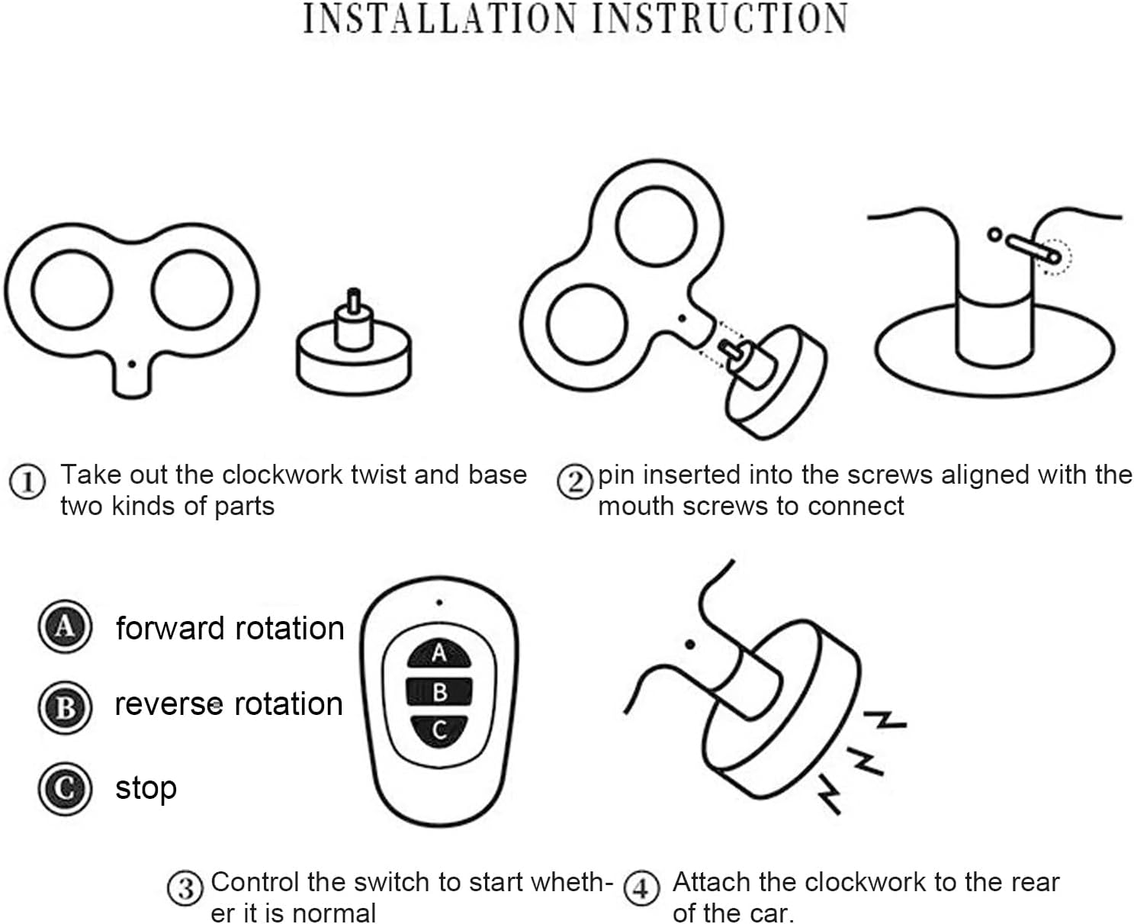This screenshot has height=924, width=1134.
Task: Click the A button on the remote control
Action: coord(439,653)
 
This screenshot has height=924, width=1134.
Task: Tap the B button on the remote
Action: coord(439,692)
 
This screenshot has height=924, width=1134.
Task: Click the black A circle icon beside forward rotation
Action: coord(65,627)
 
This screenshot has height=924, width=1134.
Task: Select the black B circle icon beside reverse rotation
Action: coord(65,708)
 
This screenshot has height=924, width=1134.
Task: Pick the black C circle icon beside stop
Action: coord(65,789)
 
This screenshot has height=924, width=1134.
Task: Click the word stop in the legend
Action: coord(146,789)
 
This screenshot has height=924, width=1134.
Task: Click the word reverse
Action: coord(169,704)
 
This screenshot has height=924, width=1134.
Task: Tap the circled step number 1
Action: coord(27,481)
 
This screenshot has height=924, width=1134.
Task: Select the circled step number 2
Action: coord(575,481)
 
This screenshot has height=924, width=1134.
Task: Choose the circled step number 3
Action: coord(185,888)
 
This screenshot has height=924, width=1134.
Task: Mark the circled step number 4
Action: coord(641,888)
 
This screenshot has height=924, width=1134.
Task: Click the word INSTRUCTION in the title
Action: coord(721,18)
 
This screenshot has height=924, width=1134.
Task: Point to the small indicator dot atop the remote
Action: coord(439,602)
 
